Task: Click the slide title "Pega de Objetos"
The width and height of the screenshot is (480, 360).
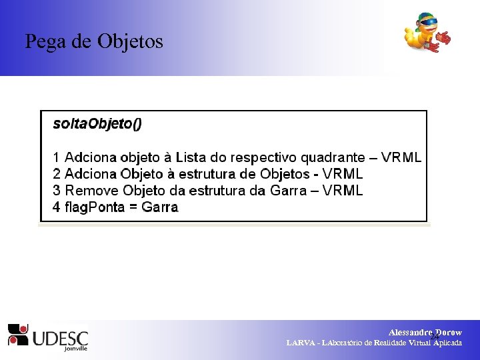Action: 94,41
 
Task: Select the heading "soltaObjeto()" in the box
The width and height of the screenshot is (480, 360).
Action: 97,123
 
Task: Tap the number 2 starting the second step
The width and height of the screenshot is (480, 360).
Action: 57,175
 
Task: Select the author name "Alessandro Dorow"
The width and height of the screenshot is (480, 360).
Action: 425,332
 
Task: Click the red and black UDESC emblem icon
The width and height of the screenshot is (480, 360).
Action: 17,334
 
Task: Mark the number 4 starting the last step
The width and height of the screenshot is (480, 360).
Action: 57,207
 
